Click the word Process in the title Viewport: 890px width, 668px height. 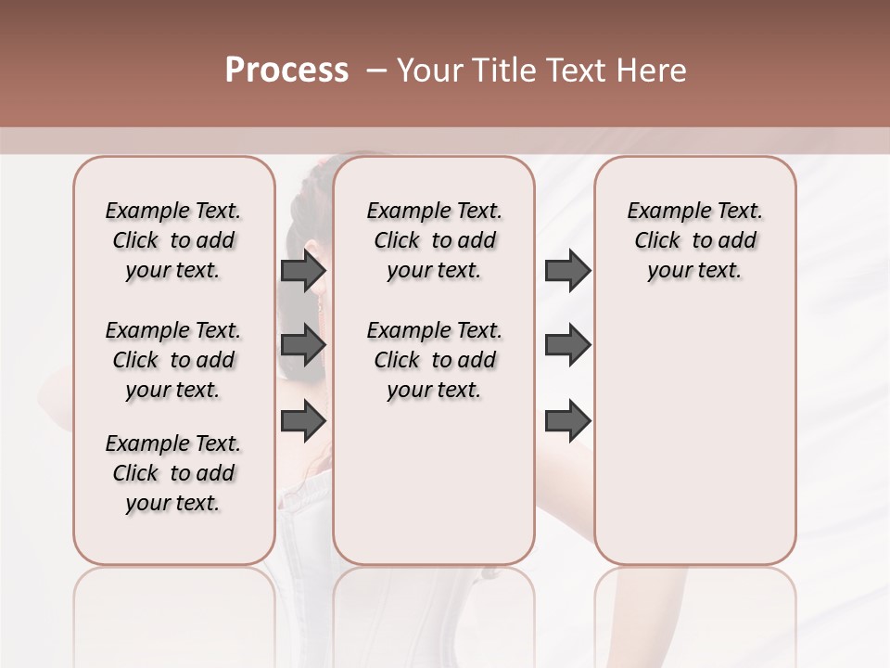(x=286, y=70)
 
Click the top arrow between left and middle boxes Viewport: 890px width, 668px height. (x=303, y=270)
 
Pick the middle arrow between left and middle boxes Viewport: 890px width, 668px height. (x=303, y=345)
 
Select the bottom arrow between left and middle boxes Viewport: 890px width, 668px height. (x=303, y=420)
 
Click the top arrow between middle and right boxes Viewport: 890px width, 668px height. (x=567, y=270)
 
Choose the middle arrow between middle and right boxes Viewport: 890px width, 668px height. (x=567, y=345)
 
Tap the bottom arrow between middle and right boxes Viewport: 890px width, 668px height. (x=567, y=420)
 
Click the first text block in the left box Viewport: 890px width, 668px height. (x=173, y=240)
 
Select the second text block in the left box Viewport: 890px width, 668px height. (x=173, y=360)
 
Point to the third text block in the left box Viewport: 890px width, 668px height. (x=173, y=473)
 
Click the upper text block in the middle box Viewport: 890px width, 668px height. (x=434, y=240)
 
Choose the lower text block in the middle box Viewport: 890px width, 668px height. (x=434, y=360)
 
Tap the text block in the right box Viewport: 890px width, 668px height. (x=694, y=240)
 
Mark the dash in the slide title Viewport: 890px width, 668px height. (x=376, y=70)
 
